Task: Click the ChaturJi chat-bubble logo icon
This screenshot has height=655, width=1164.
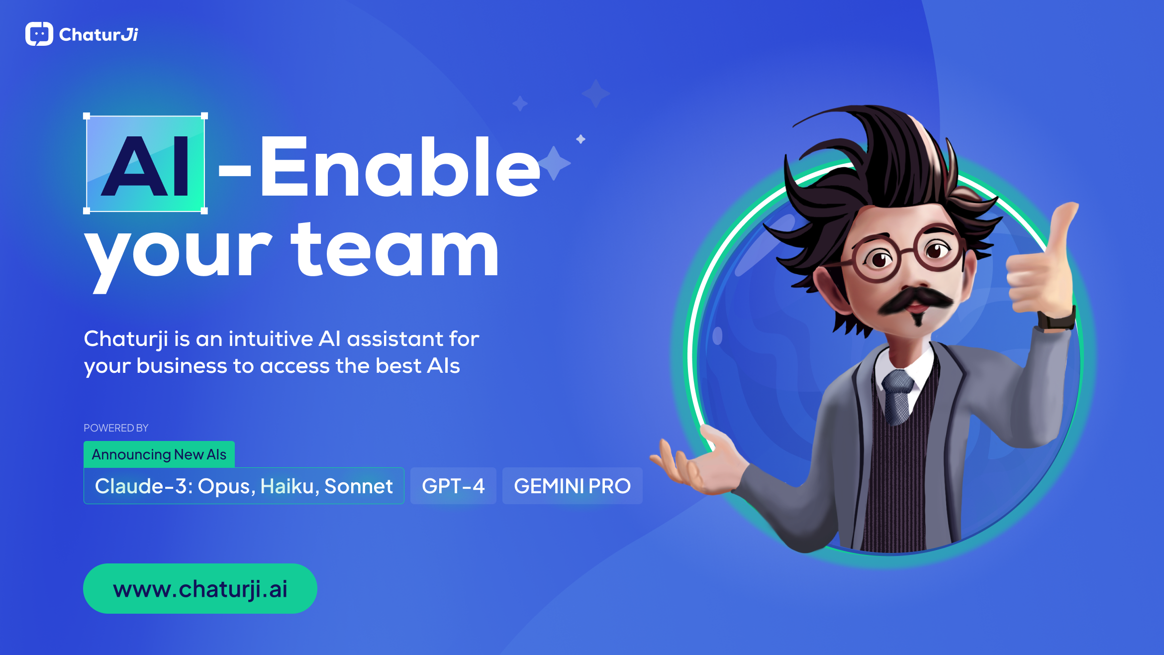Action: click(x=39, y=34)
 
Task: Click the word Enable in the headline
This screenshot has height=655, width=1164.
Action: click(x=400, y=166)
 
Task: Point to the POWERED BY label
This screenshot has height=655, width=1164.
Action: click(x=116, y=428)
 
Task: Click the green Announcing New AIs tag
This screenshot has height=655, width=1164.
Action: click(x=159, y=454)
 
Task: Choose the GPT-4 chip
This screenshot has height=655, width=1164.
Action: click(x=453, y=486)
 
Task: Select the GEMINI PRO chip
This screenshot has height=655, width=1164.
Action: click(x=573, y=486)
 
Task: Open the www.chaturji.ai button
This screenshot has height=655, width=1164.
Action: click(x=200, y=588)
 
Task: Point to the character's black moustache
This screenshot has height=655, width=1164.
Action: click(x=914, y=300)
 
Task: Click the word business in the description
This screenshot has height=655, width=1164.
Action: click(x=182, y=366)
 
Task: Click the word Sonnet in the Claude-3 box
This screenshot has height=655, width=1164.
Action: click(x=358, y=486)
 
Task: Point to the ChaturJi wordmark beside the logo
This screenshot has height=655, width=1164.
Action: click(x=98, y=34)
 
